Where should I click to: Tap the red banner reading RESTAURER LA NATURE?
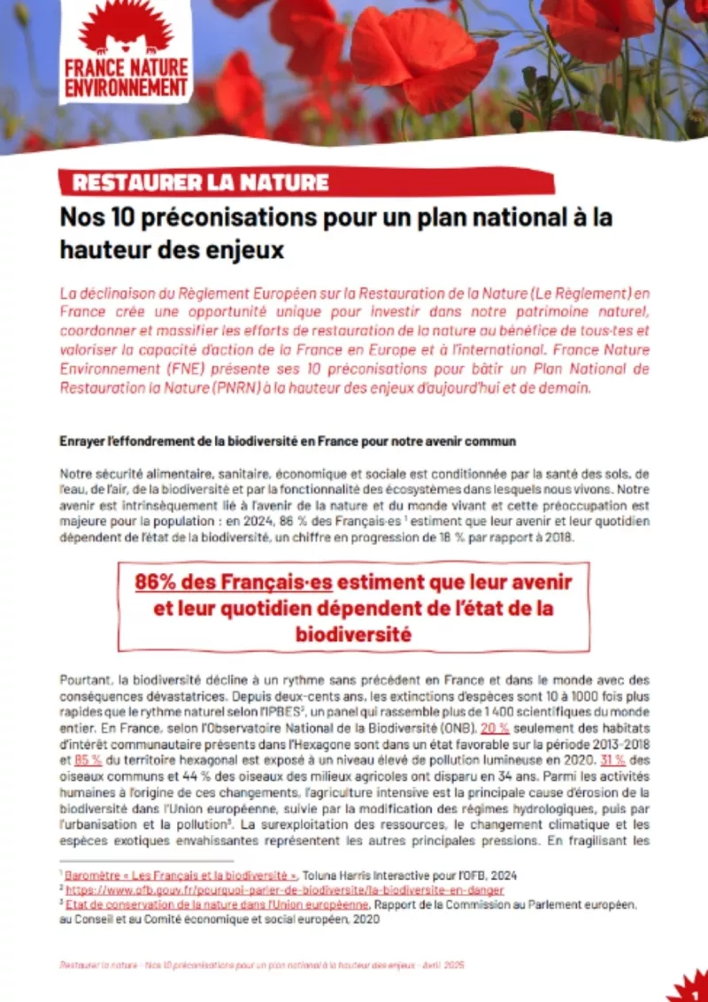(201, 183)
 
